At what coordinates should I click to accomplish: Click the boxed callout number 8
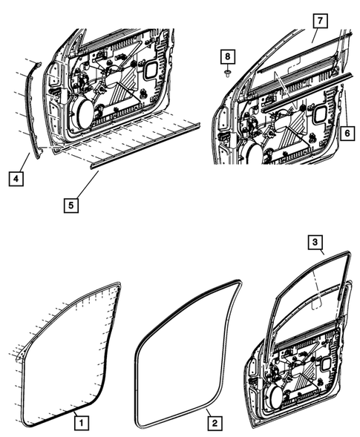[x=228, y=56]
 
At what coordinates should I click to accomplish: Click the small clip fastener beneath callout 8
[x=228, y=73]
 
